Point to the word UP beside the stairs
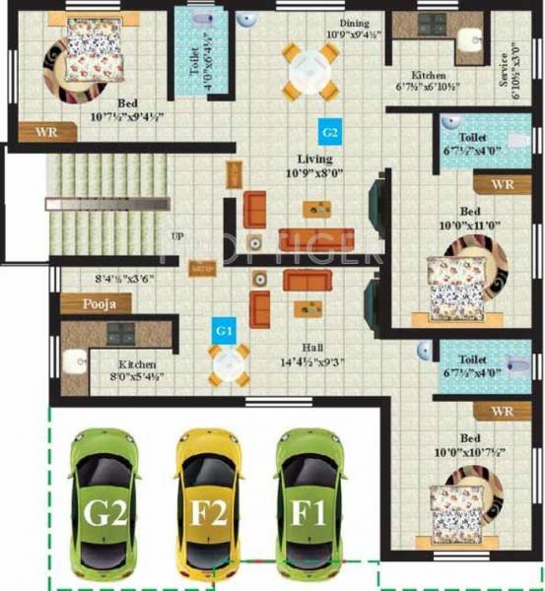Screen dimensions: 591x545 176,236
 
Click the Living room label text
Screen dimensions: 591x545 315,159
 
